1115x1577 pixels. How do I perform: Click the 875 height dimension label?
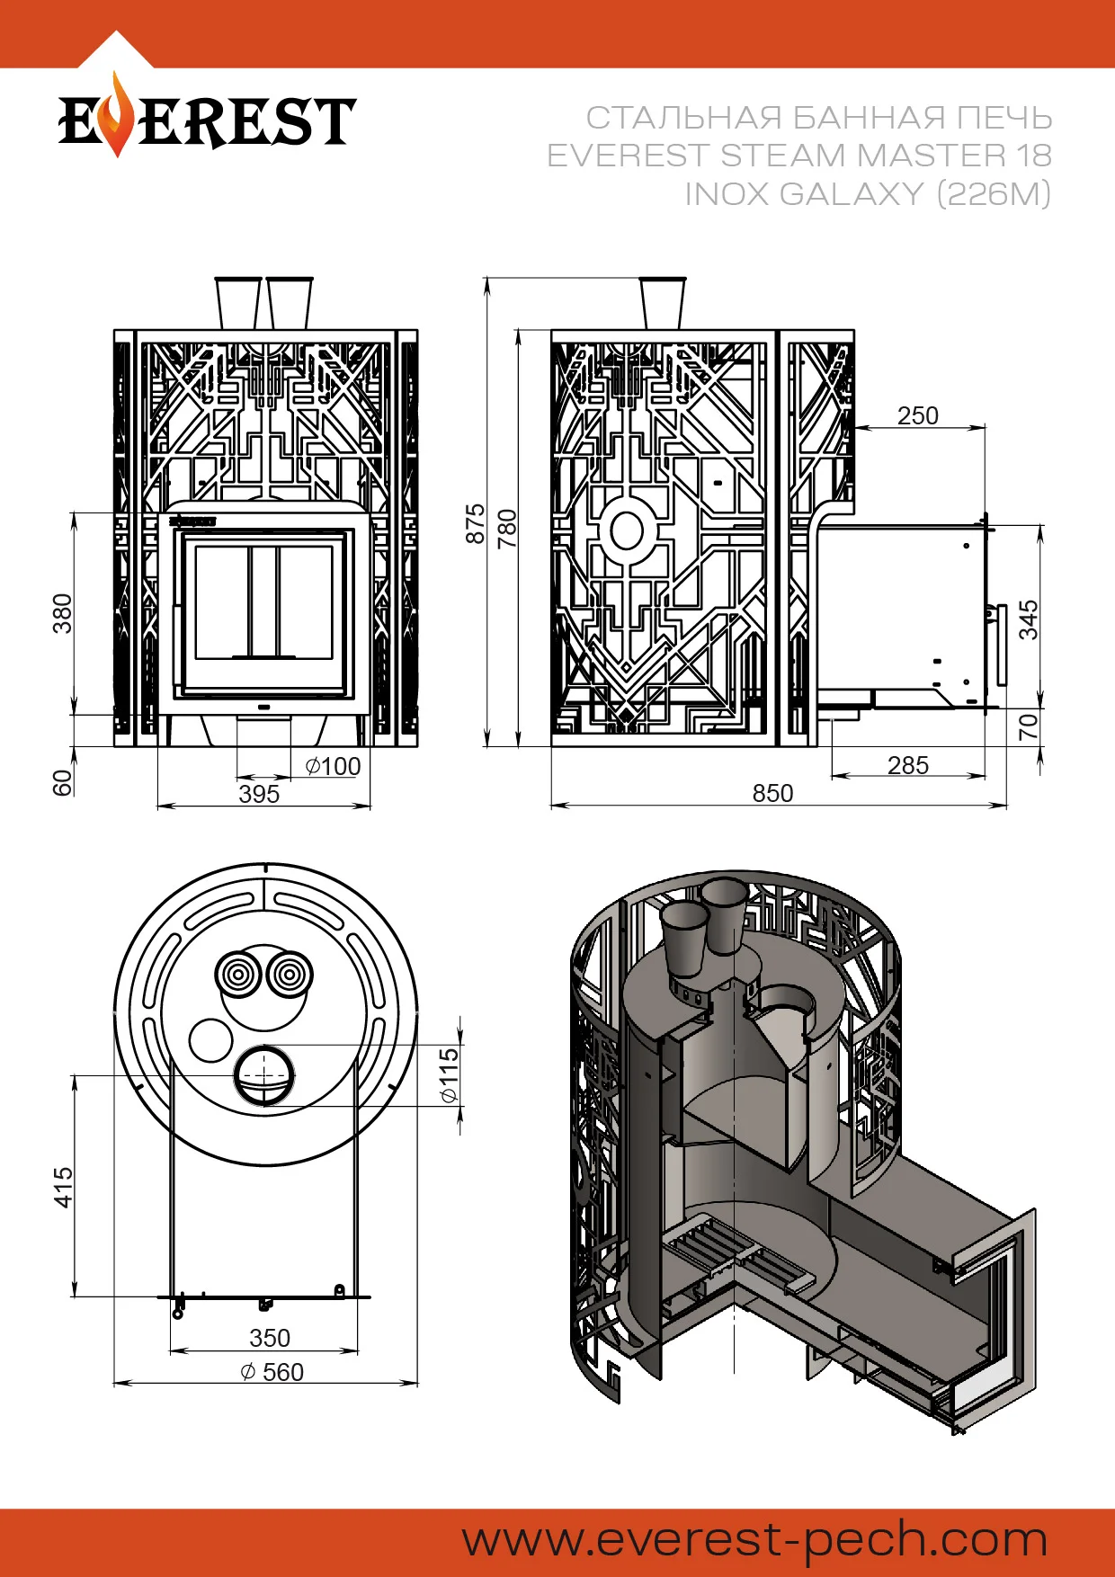475,523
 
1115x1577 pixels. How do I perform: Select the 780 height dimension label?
508,528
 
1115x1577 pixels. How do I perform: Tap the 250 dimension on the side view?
917,415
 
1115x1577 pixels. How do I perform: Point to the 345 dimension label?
1029,619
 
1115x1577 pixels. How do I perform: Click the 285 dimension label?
908,765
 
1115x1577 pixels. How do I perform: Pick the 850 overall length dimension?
773,793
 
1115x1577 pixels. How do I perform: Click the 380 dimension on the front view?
62,613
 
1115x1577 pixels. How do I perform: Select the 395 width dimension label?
259,794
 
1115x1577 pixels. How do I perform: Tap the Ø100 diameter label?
333,766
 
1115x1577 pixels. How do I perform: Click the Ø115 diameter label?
449,1074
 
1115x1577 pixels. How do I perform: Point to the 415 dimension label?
63,1187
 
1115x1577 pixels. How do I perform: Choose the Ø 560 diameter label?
272,1372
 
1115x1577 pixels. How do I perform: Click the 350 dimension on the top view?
270,1338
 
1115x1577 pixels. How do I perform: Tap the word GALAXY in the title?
852,193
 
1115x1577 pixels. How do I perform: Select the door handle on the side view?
1002,644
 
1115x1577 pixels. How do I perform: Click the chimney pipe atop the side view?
663,304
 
